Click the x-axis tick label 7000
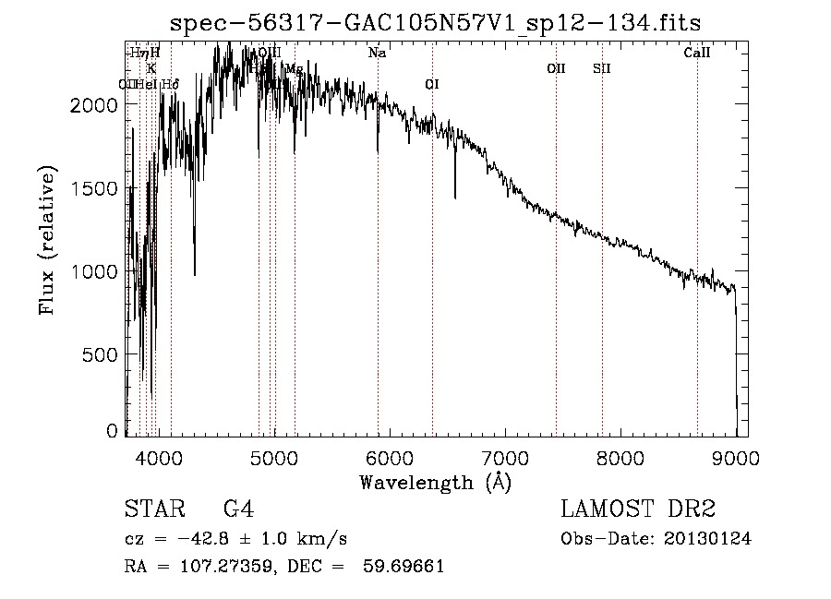point(505,457)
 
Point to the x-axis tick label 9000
point(736,457)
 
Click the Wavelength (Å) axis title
point(435,482)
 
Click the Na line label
point(377,54)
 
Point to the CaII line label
point(696,54)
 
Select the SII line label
point(601,68)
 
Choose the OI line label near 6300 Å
point(431,85)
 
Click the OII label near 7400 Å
point(556,68)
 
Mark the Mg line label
point(294,69)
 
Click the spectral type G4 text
point(239,509)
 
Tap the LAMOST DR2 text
point(638,509)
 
